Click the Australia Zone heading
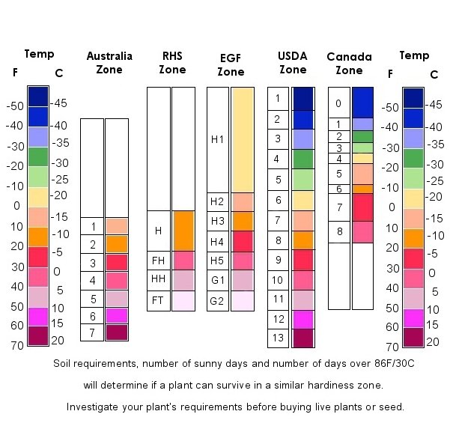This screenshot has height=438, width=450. coord(109,62)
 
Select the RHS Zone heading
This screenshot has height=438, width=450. coord(172,62)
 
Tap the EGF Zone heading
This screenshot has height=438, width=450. coord(231,65)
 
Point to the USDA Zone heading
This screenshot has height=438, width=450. coord(292,62)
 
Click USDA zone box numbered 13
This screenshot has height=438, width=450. coord(278,338)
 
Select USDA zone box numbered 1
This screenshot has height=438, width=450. coord(278,98)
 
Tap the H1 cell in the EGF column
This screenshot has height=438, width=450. coord(217,139)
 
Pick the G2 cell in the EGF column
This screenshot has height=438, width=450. coord(217,301)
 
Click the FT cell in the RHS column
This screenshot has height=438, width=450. coord(158,300)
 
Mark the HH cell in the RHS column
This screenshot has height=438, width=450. coord(158,280)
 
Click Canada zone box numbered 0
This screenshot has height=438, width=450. coord(338,103)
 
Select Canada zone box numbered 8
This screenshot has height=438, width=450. coord(338,232)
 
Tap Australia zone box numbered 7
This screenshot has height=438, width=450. coord(92,333)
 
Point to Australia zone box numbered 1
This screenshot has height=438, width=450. coord(92,226)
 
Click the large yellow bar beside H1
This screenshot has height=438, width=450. coord(243,140)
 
